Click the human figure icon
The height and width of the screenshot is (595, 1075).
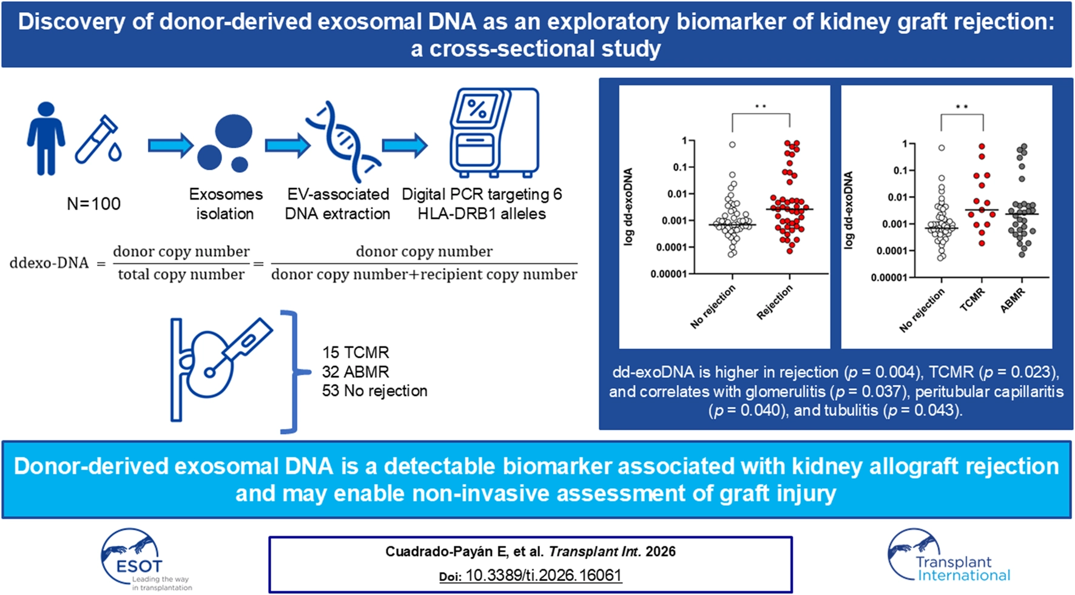click(x=46, y=138)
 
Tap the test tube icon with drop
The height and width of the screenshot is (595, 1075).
click(x=99, y=141)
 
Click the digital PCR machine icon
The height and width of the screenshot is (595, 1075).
click(x=494, y=132)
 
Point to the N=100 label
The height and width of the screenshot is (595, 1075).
click(x=93, y=204)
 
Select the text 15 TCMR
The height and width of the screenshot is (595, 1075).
click(x=356, y=352)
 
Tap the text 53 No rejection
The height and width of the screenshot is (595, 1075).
click(x=374, y=391)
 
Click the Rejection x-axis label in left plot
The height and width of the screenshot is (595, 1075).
click(x=775, y=303)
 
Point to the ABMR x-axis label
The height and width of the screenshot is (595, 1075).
click(x=1013, y=300)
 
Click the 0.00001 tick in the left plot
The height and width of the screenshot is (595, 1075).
click(x=668, y=274)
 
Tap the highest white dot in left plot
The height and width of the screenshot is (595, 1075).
click(x=732, y=145)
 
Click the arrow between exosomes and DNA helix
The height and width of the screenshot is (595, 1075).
click(x=288, y=146)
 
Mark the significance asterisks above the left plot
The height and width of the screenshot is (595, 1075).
click(x=760, y=107)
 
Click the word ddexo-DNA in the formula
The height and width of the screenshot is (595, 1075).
click(x=49, y=263)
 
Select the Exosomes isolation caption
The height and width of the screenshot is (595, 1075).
click(x=225, y=204)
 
